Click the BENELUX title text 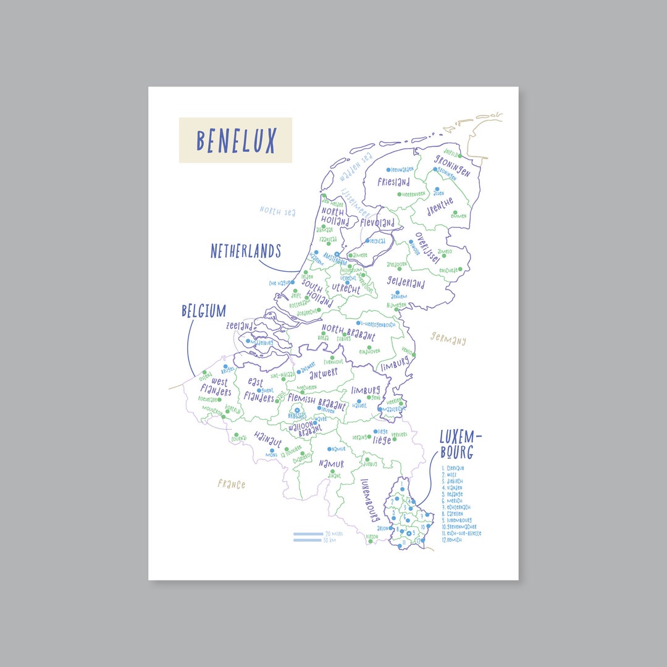(x=235, y=141)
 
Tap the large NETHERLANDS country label (x=246, y=251)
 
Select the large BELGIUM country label (x=204, y=311)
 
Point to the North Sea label (x=277, y=212)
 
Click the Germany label (x=448, y=339)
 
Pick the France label (x=231, y=484)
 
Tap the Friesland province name (x=394, y=182)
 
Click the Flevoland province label (x=377, y=222)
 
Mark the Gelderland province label (x=406, y=283)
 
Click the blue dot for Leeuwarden (x=388, y=169)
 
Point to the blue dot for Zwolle (x=410, y=242)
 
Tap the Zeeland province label (x=239, y=325)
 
